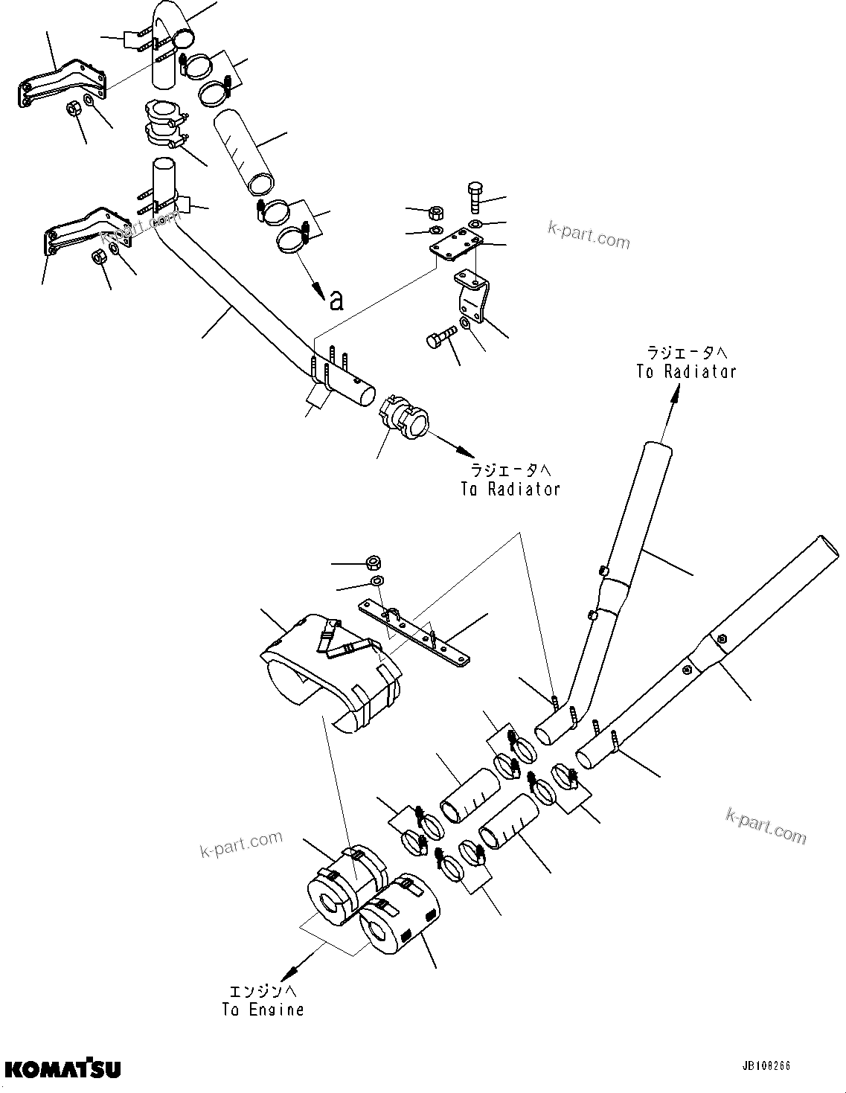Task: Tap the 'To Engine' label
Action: pyautogui.click(x=263, y=1010)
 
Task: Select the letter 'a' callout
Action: pyautogui.click(x=336, y=299)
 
